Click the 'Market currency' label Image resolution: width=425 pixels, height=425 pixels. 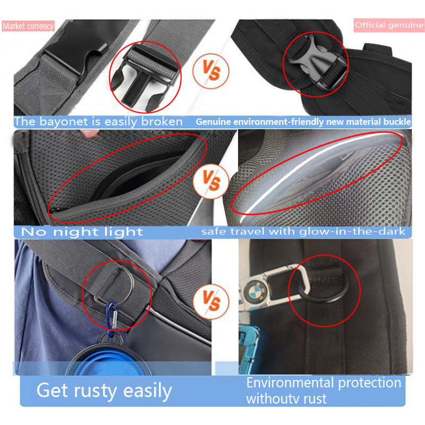(28, 26)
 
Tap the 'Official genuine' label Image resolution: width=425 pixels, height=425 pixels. (389, 25)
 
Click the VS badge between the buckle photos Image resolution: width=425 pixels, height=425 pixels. (211, 71)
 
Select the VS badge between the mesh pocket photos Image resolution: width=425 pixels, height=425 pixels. (211, 181)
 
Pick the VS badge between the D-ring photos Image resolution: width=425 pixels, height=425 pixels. (211, 301)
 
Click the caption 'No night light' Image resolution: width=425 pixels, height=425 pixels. (82, 232)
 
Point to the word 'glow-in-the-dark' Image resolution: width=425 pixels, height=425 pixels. (352, 232)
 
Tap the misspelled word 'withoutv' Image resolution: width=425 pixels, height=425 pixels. (273, 399)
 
